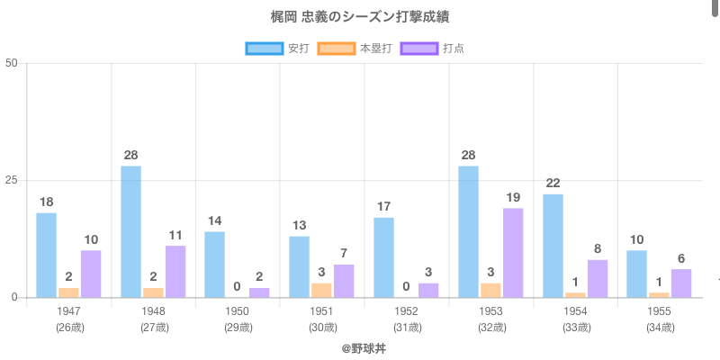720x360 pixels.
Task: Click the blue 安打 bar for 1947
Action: click(47, 255)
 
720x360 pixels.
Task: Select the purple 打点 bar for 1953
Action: click(513, 252)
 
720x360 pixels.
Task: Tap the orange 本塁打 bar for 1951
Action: click(321, 290)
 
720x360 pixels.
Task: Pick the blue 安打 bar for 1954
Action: click(553, 245)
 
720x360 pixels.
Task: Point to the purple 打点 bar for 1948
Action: click(175, 271)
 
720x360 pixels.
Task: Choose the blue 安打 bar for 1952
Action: click(384, 257)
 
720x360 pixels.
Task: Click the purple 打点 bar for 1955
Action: click(681, 283)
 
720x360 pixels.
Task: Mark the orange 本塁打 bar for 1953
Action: click(490, 290)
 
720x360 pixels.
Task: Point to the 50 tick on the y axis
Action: click(12, 63)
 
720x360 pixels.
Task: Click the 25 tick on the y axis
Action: click(12, 180)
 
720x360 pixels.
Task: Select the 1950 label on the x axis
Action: click(238, 311)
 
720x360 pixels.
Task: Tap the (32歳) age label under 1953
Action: click(490, 327)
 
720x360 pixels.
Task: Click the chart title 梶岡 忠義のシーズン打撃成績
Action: click(360, 18)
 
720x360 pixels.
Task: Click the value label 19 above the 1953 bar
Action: click(513, 198)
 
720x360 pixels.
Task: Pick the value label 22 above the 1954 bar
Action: click(553, 184)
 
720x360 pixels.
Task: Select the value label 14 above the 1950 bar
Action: click(215, 221)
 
